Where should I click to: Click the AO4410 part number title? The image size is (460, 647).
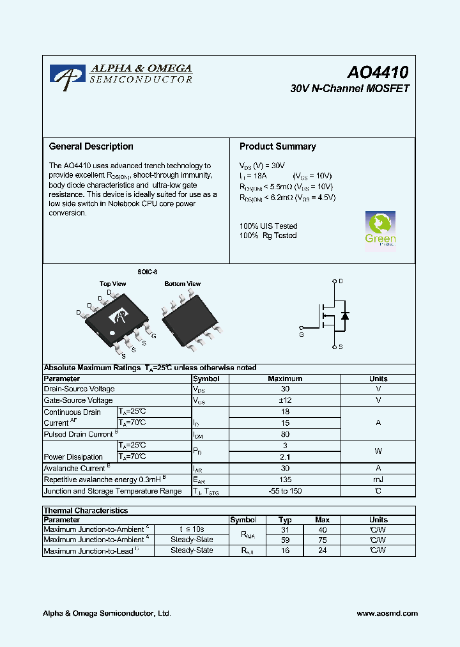tap(378, 72)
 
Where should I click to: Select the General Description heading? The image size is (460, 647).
tap(91, 146)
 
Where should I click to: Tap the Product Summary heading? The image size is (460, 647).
tap(277, 146)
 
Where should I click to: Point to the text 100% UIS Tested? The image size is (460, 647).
tap(268, 226)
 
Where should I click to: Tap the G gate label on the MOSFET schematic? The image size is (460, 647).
tap(302, 334)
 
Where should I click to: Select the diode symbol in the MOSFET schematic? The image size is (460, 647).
tap(345, 315)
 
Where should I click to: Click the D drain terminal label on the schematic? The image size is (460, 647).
tap(341, 281)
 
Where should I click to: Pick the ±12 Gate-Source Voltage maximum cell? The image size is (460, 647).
tap(285, 400)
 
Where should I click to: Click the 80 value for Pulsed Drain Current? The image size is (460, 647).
tap(285, 434)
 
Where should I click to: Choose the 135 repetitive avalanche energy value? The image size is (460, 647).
tap(285, 479)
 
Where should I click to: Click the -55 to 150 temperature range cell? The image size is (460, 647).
tap(285, 491)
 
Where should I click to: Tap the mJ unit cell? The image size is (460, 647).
tap(378, 479)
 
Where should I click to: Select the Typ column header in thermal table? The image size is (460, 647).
tap(285, 520)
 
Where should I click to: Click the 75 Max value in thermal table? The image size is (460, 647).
tap(323, 540)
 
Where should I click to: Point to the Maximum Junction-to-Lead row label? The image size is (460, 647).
tap(88, 550)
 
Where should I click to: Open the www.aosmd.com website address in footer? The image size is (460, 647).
tap(387, 613)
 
